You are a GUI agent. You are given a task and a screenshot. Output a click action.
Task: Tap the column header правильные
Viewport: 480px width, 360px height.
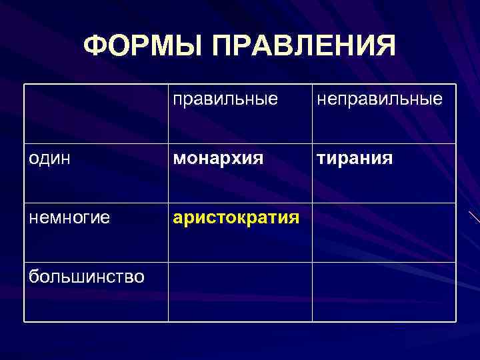pyautogui.click(x=225, y=100)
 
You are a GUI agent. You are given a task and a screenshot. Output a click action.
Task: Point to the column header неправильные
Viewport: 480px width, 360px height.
pyautogui.click(x=379, y=100)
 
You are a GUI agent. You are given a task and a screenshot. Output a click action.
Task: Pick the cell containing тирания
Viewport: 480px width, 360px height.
pyautogui.click(x=353, y=159)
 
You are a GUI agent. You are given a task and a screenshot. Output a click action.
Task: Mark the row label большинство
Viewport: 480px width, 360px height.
pyautogui.click(x=87, y=276)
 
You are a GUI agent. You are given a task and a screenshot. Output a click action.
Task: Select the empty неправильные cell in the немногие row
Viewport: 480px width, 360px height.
pyautogui.click(x=384, y=232)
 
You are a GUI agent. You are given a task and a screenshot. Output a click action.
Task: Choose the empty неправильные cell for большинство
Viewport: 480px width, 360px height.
pyautogui.click(x=384, y=291)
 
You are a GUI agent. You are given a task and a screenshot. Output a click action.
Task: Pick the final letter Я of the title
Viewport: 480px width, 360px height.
pyautogui.click(x=385, y=46)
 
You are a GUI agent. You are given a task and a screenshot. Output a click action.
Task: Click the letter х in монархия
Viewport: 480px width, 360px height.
pyautogui.click(x=234, y=159)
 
